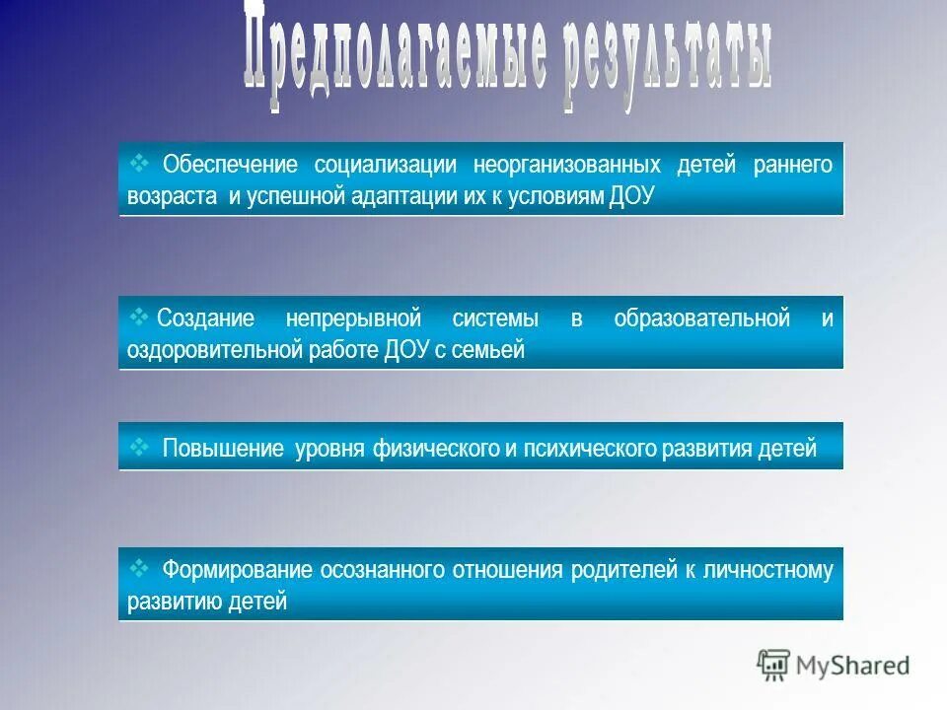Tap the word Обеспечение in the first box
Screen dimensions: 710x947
[x=228, y=164]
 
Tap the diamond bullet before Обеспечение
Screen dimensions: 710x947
[x=138, y=161]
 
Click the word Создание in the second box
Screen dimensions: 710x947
[x=205, y=319]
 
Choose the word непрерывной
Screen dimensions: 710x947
[x=353, y=319]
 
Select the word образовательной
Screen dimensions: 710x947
[x=701, y=319]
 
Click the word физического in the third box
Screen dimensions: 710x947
[x=435, y=450]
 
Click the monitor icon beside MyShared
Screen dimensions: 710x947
[x=774, y=666]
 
